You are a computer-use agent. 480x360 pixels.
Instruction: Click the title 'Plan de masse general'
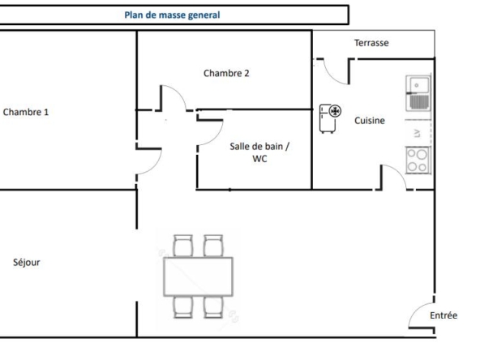[x=172, y=15]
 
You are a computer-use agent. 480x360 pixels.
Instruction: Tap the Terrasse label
[x=371, y=43]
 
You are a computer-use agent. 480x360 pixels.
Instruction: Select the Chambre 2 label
[x=226, y=73]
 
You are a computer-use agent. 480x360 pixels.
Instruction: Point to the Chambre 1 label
[x=26, y=112]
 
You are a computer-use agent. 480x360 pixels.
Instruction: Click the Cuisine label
[x=370, y=121]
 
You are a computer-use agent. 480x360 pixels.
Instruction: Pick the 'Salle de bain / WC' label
[x=259, y=152]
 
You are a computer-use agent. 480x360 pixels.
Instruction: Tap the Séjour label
[x=27, y=263]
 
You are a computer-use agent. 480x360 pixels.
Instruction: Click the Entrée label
[x=444, y=315]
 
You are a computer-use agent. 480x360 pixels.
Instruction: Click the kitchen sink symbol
[x=418, y=93]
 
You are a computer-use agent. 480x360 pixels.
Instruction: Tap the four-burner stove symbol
[x=418, y=161]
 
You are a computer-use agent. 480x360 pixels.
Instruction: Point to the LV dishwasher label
[x=418, y=134]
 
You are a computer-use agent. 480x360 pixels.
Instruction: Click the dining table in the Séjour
[x=199, y=276]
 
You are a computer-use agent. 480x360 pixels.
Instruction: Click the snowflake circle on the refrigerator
[x=335, y=111]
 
